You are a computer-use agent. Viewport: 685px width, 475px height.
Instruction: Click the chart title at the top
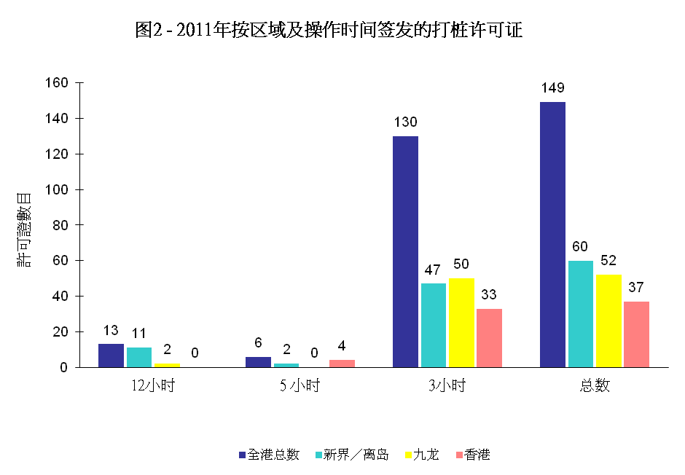click(329, 31)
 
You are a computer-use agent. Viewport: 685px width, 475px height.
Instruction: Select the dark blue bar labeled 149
click(552, 235)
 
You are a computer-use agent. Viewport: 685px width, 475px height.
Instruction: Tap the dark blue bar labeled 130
click(405, 251)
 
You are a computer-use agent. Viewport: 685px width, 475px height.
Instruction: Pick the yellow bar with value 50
click(461, 322)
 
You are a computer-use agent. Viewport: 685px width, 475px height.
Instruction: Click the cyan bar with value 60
click(580, 313)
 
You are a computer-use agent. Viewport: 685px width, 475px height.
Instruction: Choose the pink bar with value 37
click(636, 334)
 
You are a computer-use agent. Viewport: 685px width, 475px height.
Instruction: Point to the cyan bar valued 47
click(433, 325)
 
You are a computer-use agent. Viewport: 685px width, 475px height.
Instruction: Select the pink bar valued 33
click(489, 337)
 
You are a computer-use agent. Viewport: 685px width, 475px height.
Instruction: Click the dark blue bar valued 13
click(111, 356)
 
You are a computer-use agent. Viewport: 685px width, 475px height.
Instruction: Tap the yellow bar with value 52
click(608, 321)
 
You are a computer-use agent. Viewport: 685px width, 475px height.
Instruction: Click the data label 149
click(552, 88)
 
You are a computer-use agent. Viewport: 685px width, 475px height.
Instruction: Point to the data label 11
click(138, 334)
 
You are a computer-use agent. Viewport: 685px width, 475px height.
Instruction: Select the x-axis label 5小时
click(300, 386)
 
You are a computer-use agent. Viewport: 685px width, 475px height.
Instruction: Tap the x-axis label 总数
click(595, 386)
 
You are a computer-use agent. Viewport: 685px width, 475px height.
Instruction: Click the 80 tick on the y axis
click(60, 225)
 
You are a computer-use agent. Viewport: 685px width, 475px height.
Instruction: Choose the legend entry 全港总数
click(269, 455)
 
